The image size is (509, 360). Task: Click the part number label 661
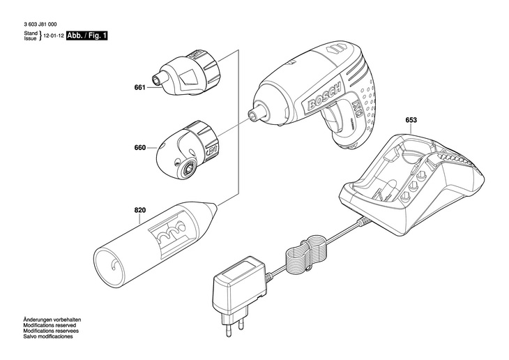[x=139, y=88]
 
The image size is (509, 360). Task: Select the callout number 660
[x=139, y=148]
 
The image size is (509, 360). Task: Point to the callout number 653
[x=411, y=120]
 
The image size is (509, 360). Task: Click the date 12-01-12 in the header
[x=52, y=36]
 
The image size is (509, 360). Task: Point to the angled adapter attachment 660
[x=187, y=148]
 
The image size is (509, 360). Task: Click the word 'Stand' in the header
[x=30, y=33]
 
